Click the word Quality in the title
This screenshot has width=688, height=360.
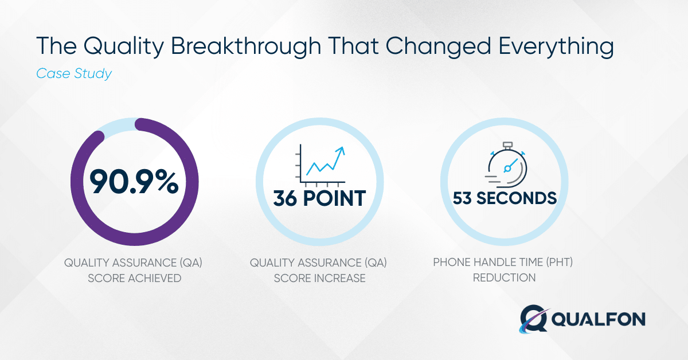tap(124, 46)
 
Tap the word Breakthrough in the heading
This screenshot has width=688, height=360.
tap(246, 46)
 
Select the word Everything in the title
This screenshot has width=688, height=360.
tap(556, 46)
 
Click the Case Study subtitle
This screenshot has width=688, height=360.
tap(74, 74)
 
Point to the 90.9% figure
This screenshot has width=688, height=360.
tap(134, 182)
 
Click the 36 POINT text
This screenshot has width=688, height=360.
tap(319, 198)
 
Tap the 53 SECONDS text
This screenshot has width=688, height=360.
tap(505, 198)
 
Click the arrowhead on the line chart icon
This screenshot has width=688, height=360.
tap(341, 151)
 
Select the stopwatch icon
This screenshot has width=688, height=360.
tap(506, 165)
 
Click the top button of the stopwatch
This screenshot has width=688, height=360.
tap(508, 144)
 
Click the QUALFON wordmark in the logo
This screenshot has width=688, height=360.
tap(599, 319)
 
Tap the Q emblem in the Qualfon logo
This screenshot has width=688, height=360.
tap(533, 319)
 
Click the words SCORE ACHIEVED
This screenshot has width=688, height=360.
tap(135, 278)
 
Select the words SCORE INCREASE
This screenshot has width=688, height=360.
tap(319, 278)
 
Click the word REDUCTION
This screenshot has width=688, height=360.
tap(504, 277)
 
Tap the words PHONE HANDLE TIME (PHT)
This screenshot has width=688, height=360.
tap(503, 263)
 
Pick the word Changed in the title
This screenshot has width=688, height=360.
tap(438, 46)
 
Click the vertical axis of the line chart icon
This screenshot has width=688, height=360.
tap(300, 163)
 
